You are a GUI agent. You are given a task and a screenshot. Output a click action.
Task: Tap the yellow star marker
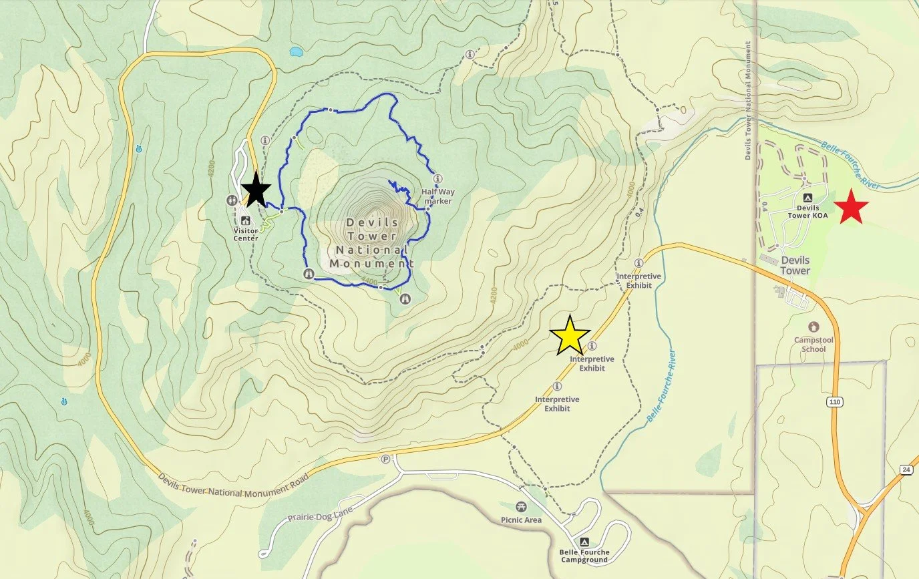(570, 335)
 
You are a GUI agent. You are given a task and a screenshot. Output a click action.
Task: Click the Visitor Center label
(246, 234)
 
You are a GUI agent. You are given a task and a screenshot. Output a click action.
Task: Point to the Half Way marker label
(437, 196)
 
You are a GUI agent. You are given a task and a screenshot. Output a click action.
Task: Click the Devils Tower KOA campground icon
(807, 198)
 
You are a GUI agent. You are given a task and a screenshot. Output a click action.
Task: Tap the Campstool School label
(813, 344)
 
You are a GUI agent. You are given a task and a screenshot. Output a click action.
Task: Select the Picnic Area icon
(521, 507)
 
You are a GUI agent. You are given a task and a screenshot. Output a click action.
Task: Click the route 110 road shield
(834, 401)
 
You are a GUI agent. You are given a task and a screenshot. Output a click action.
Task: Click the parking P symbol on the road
(385, 459)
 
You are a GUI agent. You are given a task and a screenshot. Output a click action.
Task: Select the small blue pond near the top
(295, 51)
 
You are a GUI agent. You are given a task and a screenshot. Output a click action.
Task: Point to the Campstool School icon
(813, 327)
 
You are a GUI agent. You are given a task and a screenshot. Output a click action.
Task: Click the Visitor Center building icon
(246, 220)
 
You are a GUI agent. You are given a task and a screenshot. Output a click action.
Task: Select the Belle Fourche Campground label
(585, 556)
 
